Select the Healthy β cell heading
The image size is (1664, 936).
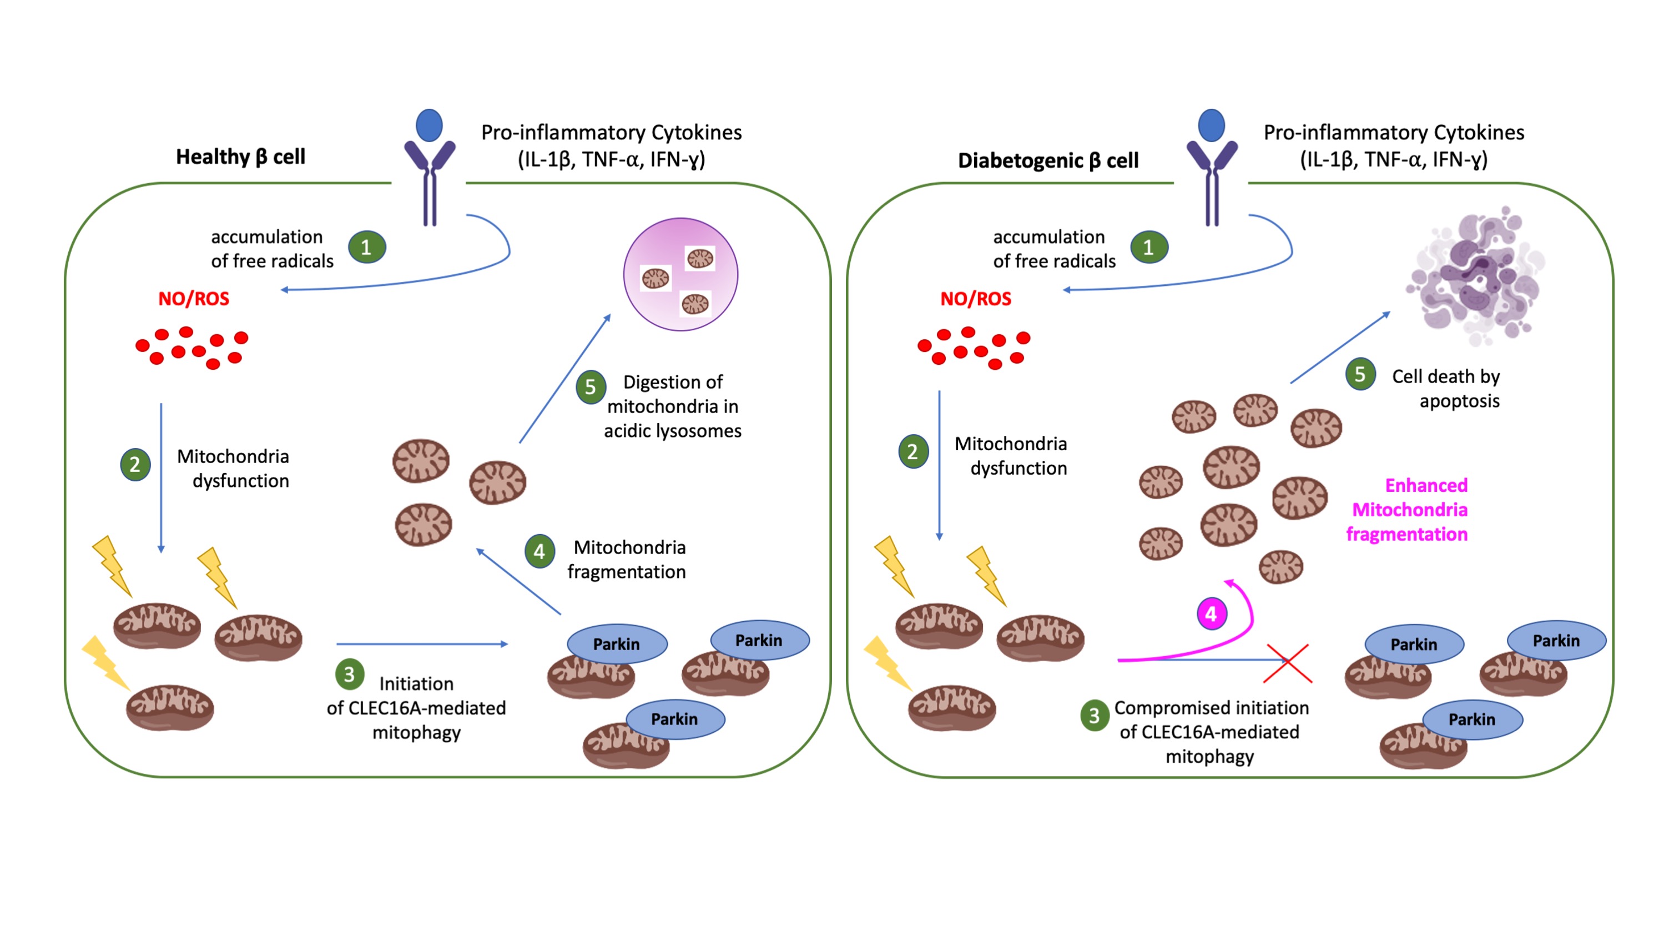240,157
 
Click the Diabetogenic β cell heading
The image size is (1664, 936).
1048,160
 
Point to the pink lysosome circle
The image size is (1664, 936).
680,275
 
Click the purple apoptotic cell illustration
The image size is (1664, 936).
1476,275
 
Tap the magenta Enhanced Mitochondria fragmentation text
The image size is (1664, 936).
1408,510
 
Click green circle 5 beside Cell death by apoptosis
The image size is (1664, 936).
1360,374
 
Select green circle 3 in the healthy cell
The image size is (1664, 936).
350,675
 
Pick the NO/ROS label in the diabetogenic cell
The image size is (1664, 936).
975,299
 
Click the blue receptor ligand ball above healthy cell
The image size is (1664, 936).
430,125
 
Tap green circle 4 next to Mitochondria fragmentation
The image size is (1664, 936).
539,551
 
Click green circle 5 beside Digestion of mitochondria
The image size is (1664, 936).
591,387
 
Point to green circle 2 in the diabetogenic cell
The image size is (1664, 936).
912,451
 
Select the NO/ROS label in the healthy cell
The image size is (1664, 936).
194,299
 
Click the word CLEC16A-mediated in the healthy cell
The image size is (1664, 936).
426,708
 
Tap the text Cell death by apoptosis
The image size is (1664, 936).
1446,388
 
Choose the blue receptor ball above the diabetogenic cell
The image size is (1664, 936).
1211,125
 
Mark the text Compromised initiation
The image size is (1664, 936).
1211,708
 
